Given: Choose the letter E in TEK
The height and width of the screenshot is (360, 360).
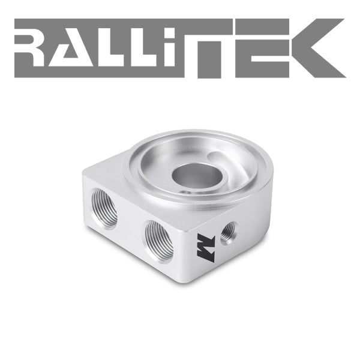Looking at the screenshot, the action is click(263, 48).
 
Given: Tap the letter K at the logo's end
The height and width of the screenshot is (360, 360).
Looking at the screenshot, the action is click(319, 48).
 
